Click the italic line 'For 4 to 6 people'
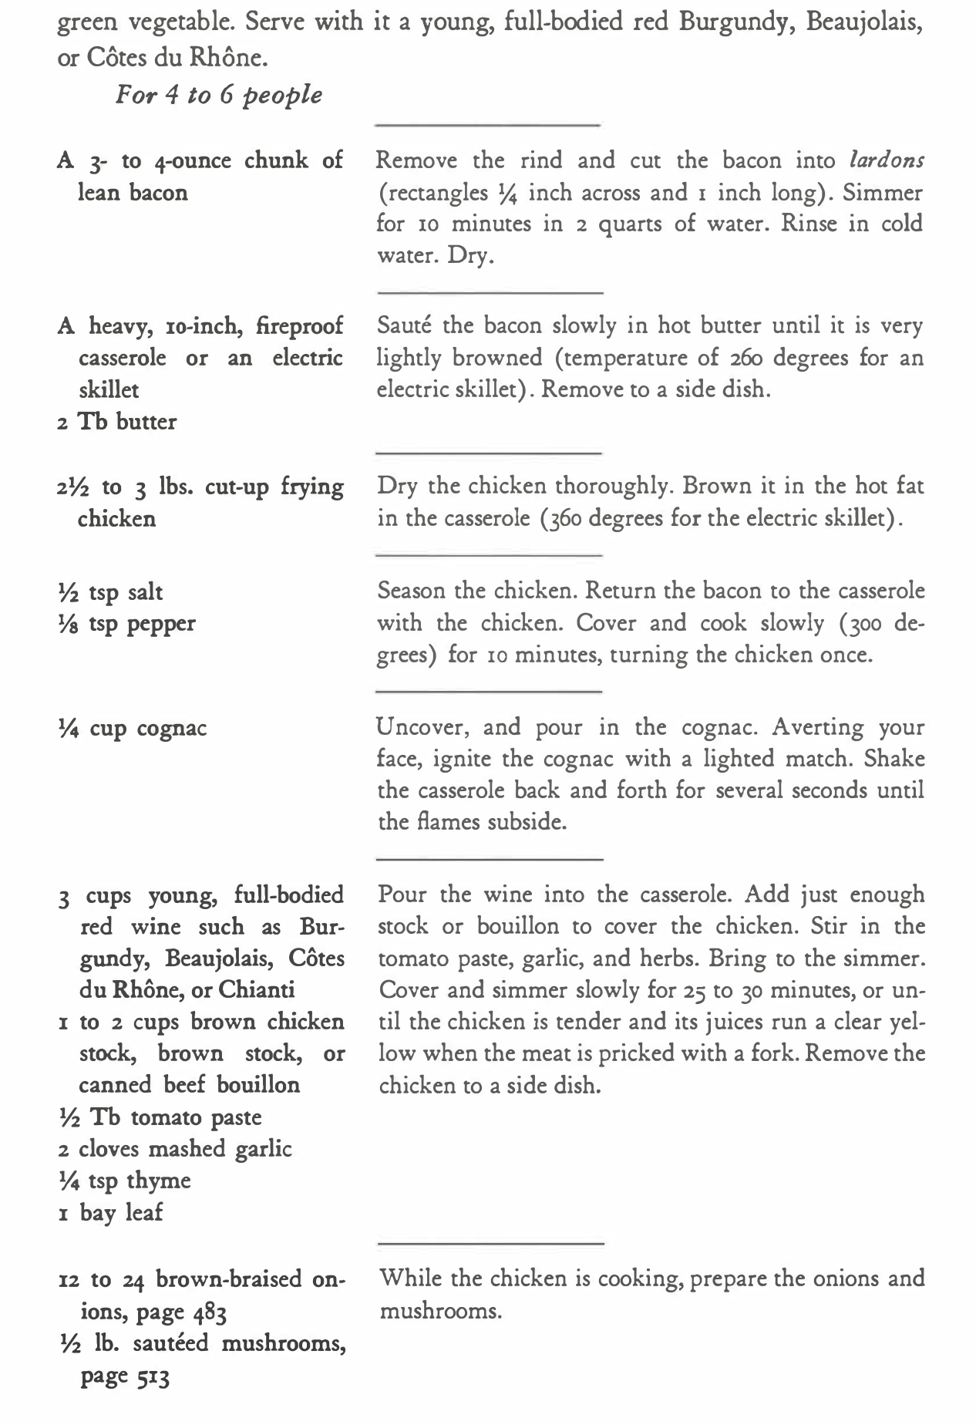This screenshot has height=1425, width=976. (x=218, y=96)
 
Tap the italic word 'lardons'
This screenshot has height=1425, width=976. (x=886, y=160)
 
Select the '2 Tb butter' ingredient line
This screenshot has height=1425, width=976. (x=117, y=422)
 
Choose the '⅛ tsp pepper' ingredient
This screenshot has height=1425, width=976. (x=127, y=624)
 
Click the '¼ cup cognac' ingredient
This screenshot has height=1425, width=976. (x=133, y=728)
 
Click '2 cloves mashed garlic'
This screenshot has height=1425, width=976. (x=175, y=1149)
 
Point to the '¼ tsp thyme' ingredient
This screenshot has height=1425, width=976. (x=125, y=1181)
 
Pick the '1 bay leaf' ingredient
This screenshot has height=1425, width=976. (x=111, y=1212)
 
